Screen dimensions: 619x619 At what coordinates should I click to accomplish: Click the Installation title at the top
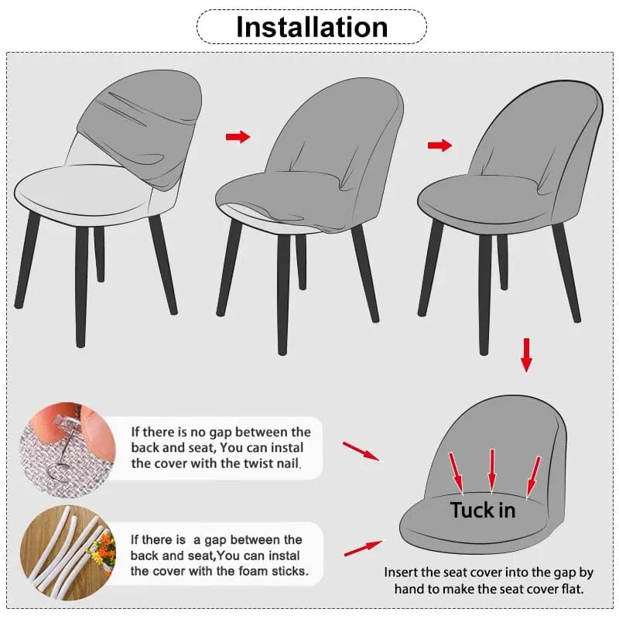pyautogui.click(x=311, y=27)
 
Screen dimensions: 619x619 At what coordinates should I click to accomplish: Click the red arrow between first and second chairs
pyautogui.click(x=238, y=137)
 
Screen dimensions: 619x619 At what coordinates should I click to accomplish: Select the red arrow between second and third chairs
pyautogui.click(x=439, y=145)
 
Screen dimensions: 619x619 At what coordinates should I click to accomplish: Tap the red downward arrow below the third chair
pyautogui.click(x=526, y=354)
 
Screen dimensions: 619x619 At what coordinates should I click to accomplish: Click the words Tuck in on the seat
pyautogui.click(x=482, y=510)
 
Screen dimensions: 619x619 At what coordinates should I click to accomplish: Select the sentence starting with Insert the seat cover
pyautogui.click(x=489, y=580)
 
